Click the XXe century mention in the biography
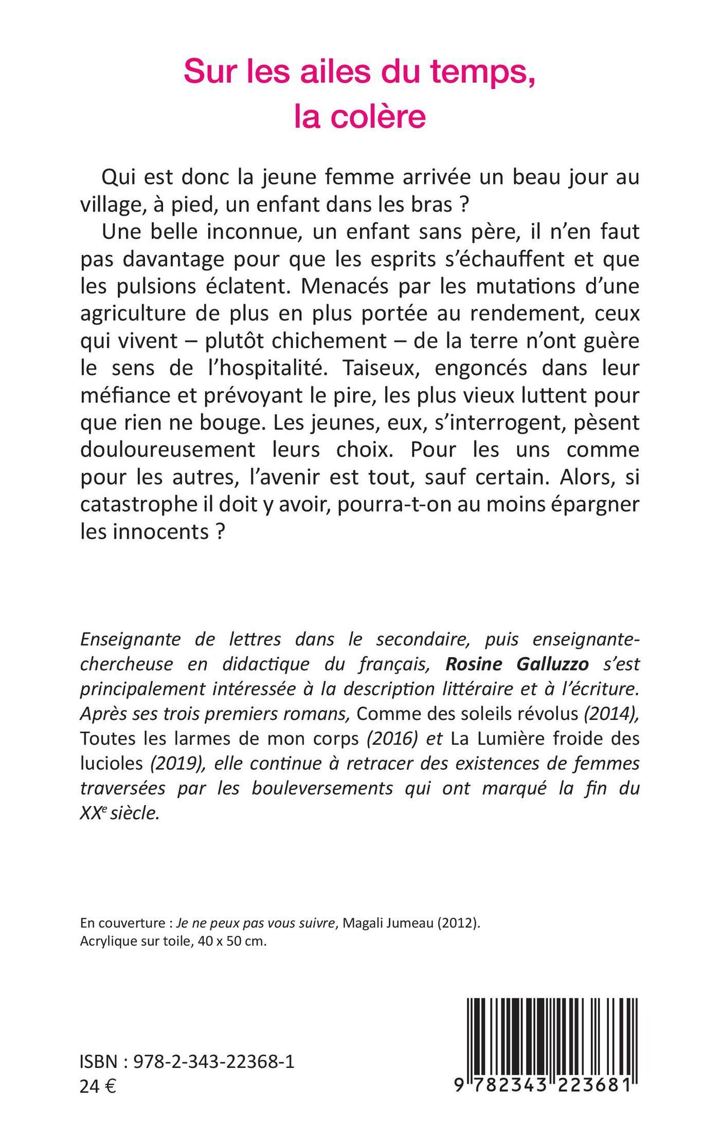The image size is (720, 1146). click(x=91, y=814)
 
